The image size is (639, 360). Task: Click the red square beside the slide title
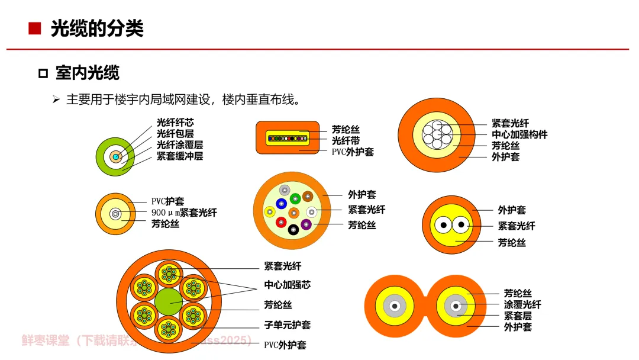(34, 28)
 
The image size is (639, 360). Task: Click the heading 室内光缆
(87, 73)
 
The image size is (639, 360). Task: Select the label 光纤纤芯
(175, 123)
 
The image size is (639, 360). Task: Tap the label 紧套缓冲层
(180, 156)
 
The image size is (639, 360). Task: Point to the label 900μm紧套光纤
(184, 213)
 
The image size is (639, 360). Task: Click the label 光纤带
(346, 141)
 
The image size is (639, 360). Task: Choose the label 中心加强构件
(519, 134)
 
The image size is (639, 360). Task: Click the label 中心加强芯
(287, 285)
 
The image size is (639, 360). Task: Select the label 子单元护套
(287, 324)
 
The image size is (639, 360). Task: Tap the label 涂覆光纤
(522, 305)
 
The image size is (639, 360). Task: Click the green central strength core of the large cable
(169, 301)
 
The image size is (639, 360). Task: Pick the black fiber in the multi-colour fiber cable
(293, 230)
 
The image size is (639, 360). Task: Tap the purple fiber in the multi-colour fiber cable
(306, 224)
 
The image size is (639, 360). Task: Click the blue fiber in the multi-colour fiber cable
(281, 204)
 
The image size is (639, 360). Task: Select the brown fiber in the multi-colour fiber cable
(306, 196)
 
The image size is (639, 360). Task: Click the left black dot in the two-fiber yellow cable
(441, 225)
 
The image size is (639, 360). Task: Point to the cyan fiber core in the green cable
(115, 157)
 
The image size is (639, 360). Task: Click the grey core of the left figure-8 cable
(394, 306)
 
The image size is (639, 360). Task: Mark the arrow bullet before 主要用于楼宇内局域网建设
(56, 99)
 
